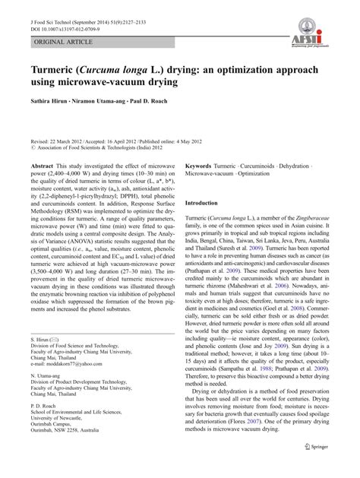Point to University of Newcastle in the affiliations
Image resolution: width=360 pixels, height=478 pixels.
[62, 442]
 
